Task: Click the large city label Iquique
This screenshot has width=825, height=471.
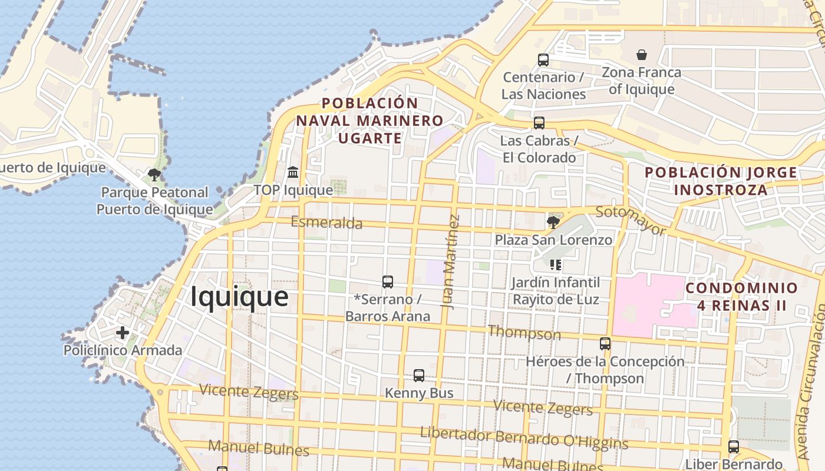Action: coord(239,297)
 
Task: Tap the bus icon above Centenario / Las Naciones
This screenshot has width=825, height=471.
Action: coord(543,59)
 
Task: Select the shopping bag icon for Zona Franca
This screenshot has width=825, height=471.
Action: coord(642,55)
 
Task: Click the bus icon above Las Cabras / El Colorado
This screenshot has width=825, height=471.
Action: coord(539,123)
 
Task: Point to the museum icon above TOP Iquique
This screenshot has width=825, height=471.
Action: coord(293,173)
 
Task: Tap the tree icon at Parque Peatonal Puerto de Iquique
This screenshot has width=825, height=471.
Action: coord(154,174)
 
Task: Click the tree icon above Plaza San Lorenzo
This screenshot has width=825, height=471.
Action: coord(553,222)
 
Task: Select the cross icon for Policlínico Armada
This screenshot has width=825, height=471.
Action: coord(123,333)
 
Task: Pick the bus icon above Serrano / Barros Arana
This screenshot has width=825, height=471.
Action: coord(388,282)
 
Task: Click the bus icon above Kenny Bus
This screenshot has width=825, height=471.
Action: coord(419,376)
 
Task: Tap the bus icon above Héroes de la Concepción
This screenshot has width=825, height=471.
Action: coord(605,344)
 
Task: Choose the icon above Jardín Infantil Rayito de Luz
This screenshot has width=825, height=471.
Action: coord(555,265)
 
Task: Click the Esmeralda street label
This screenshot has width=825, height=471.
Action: coord(326,223)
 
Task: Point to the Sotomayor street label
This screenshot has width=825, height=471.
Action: coord(630,220)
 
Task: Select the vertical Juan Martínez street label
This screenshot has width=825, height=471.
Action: coord(451,262)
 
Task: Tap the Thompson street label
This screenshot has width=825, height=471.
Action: coord(524,333)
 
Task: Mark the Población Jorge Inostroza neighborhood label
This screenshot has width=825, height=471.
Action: coord(721,181)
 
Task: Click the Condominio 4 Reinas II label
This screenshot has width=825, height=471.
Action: coord(741,297)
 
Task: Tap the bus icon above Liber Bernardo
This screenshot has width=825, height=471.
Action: coord(734,447)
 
